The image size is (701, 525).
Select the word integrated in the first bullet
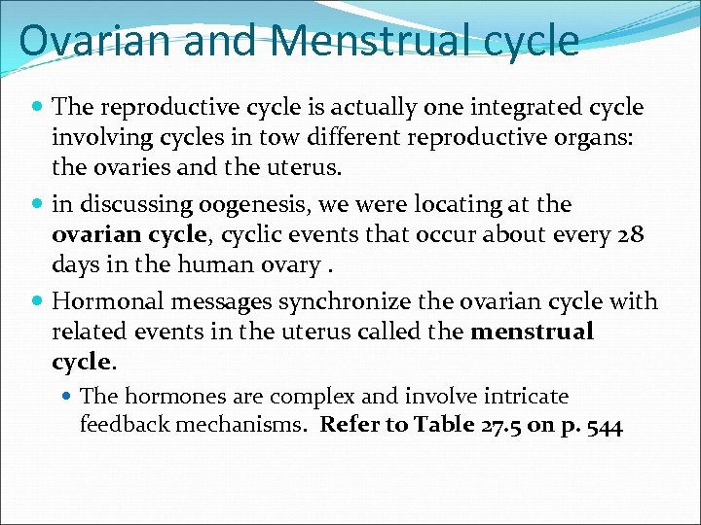534,106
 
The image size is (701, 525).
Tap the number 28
631,234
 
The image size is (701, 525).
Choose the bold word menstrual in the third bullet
532,332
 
